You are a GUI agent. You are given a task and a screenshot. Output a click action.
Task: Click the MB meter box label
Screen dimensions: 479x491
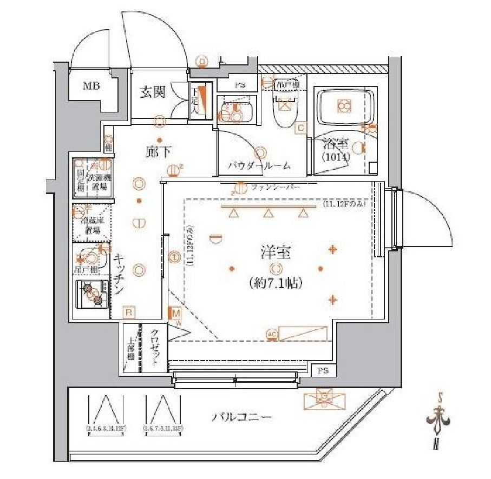click(91, 85)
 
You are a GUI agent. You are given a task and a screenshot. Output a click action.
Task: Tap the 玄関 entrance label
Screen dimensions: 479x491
click(153, 92)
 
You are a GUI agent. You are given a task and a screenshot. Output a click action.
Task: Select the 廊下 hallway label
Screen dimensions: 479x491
click(155, 152)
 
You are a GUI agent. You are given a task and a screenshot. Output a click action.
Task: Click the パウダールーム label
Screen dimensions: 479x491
click(259, 166)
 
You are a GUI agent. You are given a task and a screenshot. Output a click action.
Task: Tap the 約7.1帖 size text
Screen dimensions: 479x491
click(276, 282)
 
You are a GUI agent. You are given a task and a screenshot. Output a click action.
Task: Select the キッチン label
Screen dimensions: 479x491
click(119, 275)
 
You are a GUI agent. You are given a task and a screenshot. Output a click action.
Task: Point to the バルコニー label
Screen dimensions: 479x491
click(241, 417)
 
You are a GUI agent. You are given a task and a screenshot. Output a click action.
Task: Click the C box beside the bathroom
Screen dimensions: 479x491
click(300, 128)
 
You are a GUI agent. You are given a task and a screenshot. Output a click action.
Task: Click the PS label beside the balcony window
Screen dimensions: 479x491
click(324, 371)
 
